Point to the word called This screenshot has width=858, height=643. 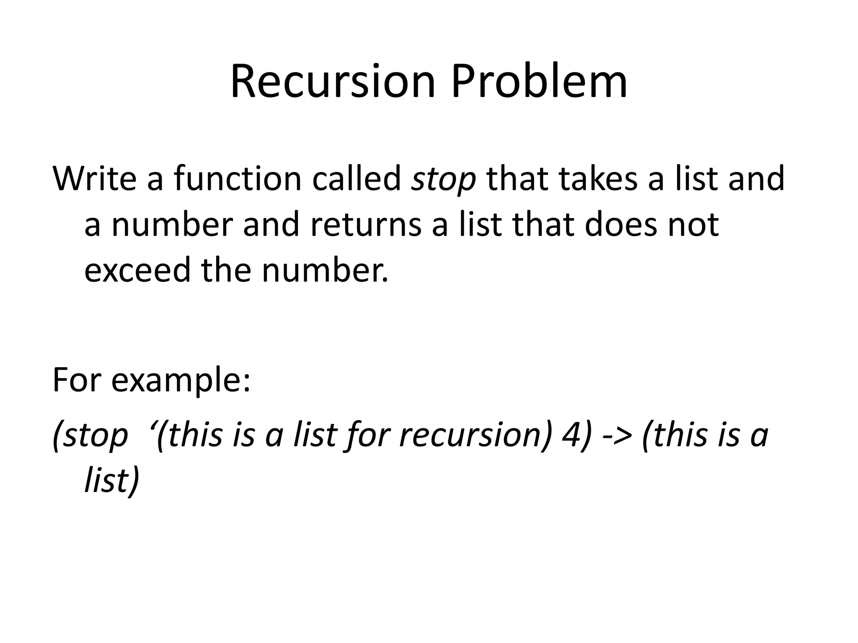[x=357, y=179]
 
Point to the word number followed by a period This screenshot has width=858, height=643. [x=326, y=270]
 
